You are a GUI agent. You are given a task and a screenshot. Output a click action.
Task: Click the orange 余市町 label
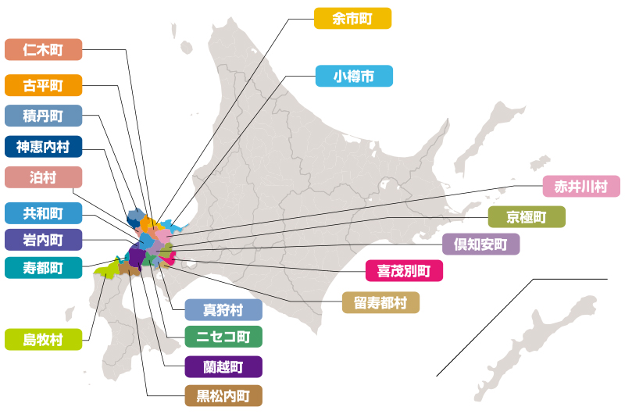coord(352,19)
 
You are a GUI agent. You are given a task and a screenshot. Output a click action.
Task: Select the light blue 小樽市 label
coord(354,77)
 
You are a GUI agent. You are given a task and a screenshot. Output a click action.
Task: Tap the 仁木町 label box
coord(43,50)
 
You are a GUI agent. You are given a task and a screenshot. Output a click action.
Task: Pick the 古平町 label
coord(43,84)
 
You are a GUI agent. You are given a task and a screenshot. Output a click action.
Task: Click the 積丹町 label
coord(43,116)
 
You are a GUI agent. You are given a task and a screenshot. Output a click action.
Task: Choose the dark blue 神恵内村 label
coord(43,147)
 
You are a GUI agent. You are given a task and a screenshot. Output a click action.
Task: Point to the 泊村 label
coord(43,177)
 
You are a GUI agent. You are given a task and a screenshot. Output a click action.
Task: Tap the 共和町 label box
coord(43,212)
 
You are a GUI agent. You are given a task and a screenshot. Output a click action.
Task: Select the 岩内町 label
coord(43,239)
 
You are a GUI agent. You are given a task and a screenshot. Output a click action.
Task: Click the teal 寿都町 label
coord(43,268)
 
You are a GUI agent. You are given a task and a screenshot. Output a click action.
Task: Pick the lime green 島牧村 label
coord(43,339)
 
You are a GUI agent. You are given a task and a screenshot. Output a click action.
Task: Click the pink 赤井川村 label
coord(581,187)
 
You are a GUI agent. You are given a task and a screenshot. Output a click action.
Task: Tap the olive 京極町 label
coord(527,216)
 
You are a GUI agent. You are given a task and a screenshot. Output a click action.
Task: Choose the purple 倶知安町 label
coord(480,244)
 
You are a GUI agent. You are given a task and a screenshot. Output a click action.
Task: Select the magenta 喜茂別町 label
coord(404,271)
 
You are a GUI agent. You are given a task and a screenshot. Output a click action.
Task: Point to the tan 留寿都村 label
coord(380,302)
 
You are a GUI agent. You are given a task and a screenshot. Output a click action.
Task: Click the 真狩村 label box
coord(223,309)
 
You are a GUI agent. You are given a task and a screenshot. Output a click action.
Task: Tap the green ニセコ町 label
coord(223,337)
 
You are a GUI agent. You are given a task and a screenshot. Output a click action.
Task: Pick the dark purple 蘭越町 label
coord(223,366)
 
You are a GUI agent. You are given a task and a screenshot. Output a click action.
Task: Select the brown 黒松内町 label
coord(223,395)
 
